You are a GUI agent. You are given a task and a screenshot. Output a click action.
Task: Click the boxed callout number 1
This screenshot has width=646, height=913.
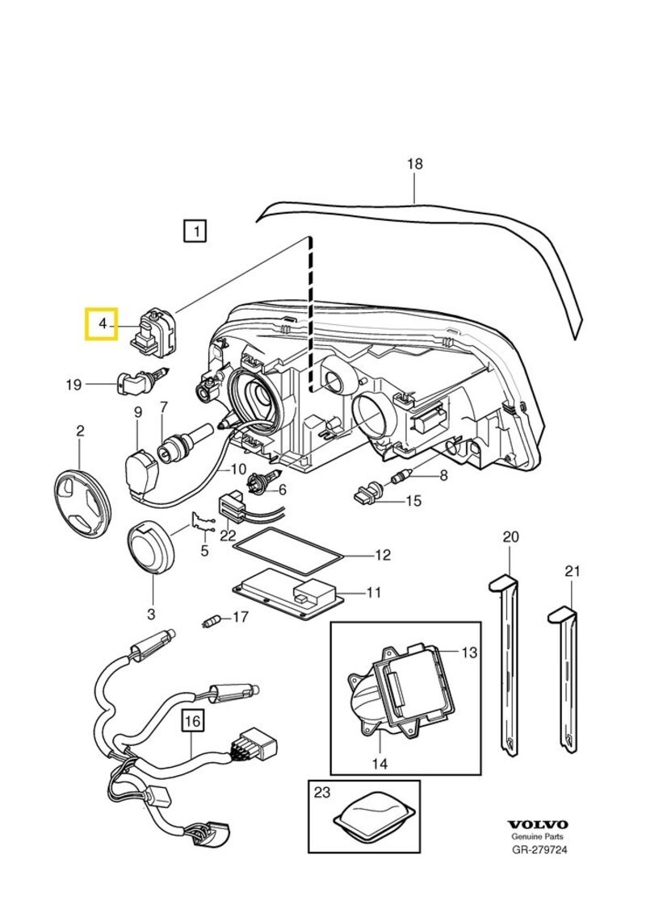[195, 231]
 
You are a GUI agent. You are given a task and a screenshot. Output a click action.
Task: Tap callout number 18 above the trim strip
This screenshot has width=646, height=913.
[414, 165]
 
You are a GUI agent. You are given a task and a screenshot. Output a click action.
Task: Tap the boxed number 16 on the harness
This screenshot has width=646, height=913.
[192, 720]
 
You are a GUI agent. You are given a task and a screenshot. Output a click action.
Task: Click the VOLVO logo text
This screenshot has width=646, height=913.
[538, 825]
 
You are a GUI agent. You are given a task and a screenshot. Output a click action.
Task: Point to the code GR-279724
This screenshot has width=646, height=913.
[539, 849]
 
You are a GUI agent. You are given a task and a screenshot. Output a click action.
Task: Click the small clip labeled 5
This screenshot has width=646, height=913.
[201, 523]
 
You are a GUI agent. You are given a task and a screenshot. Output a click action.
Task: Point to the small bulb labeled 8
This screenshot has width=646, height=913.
[401, 477]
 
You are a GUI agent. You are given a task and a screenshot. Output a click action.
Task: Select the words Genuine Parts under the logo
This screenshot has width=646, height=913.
[538, 837]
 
